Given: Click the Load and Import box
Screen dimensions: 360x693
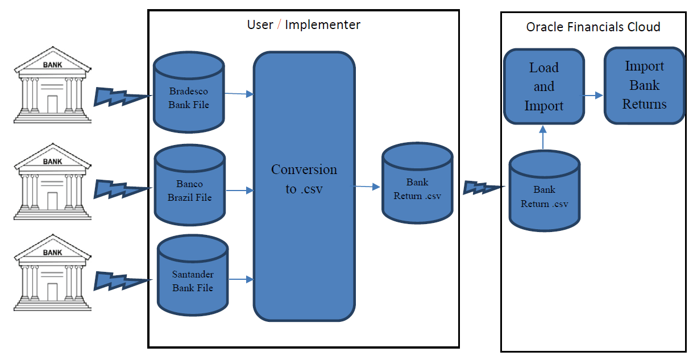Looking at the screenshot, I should coord(544,86).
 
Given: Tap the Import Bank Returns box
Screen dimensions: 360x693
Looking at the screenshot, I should coord(644,85).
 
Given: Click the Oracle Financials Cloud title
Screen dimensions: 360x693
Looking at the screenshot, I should coord(593,27).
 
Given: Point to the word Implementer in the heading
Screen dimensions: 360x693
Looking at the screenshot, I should coord(322,25).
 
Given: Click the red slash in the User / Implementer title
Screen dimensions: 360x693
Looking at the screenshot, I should coord(279,25).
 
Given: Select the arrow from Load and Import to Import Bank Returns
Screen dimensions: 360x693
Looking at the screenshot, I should coord(594,96).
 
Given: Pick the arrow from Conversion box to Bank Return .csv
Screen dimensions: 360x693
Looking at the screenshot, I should coord(367,186).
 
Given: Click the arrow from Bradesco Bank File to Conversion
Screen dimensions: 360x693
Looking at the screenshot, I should coord(239,93).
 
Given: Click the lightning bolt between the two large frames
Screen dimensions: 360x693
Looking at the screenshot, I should coord(483,188).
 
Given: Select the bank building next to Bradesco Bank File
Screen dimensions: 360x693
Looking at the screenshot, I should coord(52,85).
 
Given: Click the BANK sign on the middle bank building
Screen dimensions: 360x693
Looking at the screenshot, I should coord(52,162).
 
